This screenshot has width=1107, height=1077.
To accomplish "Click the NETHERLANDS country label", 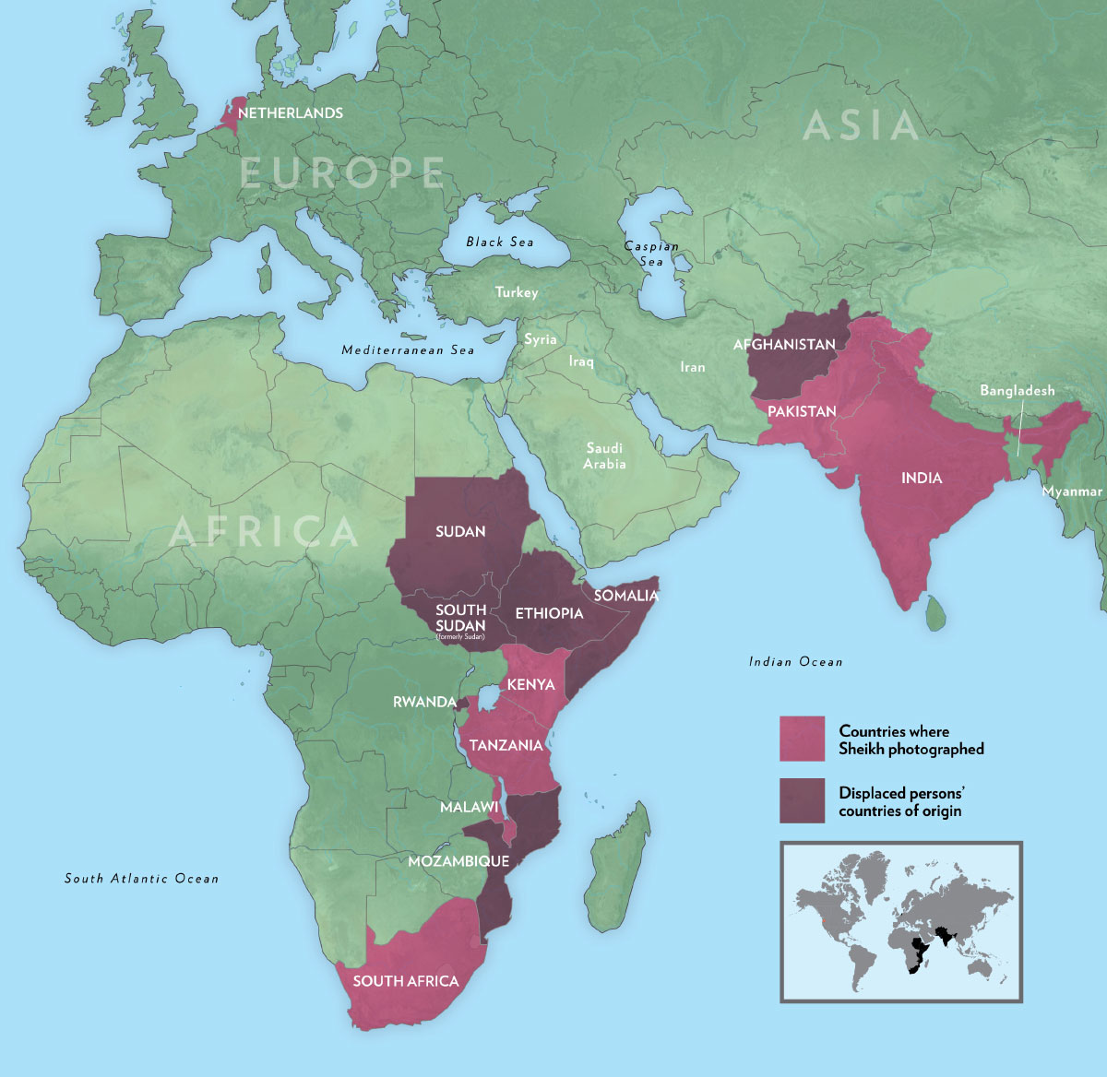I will click(x=290, y=113).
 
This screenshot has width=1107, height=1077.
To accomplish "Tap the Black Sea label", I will click(x=499, y=242).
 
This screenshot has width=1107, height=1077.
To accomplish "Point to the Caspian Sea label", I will click(x=651, y=254).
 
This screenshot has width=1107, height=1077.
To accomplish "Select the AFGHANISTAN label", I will click(x=784, y=345).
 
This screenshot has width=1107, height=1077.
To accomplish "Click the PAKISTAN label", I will click(x=802, y=411).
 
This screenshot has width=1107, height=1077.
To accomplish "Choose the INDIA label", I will click(x=922, y=478).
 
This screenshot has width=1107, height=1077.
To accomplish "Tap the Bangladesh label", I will click(x=1017, y=391).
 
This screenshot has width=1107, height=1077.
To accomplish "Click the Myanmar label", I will click(x=1071, y=491).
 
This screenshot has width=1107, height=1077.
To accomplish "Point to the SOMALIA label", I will click(x=626, y=596).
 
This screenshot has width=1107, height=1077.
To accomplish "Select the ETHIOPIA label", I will click(x=549, y=613).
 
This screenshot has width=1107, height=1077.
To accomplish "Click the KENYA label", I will click(x=530, y=684).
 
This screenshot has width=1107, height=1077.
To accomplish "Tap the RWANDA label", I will click(x=423, y=702).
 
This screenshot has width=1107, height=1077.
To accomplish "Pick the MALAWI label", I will click(x=469, y=808).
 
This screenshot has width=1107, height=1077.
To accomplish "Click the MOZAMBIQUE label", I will click(x=458, y=860).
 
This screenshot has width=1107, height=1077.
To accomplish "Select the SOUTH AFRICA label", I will click(x=405, y=981).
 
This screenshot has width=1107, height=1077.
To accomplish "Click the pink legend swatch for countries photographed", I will click(x=802, y=740).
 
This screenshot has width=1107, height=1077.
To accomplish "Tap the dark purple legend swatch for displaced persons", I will click(x=802, y=800).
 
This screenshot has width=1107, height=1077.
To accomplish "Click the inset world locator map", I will click(x=900, y=921).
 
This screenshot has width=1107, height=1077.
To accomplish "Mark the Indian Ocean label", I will click(x=795, y=661).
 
